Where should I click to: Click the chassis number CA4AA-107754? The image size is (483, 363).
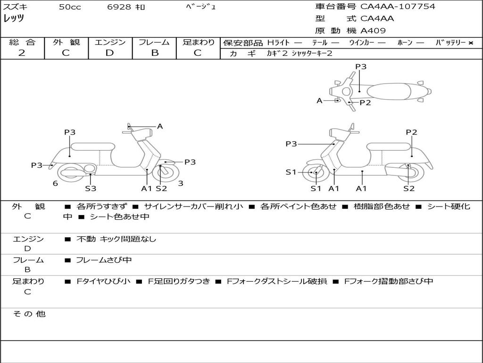(x=398, y=7)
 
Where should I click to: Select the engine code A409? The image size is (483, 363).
(x=373, y=31)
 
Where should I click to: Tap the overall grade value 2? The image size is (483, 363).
(x=22, y=53)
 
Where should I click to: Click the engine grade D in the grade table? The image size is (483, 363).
(x=109, y=53)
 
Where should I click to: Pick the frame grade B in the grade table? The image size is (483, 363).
(x=155, y=53)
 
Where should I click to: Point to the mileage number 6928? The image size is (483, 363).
(x=119, y=7)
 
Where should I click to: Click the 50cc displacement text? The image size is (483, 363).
(x=70, y=7)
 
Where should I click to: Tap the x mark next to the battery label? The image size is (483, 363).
(x=471, y=43)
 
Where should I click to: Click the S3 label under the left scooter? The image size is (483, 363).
(x=91, y=188)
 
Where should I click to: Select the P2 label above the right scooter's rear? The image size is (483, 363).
(x=411, y=132)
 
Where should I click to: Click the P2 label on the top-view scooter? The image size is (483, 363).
(x=366, y=103)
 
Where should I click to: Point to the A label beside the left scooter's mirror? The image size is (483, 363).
(x=160, y=126)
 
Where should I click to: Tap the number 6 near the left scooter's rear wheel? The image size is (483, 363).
(x=55, y=183)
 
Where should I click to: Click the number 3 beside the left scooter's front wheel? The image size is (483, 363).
(x=181, y=183)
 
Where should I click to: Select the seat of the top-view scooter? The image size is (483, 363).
(x=389, y=91)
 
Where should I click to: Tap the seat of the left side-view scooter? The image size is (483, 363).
(x=93, y=147)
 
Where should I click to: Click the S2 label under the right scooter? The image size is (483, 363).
(x=409, y=188)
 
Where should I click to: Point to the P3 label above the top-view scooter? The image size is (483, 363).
(x=361, y=66)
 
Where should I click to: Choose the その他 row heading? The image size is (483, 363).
(x=29, y=314)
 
